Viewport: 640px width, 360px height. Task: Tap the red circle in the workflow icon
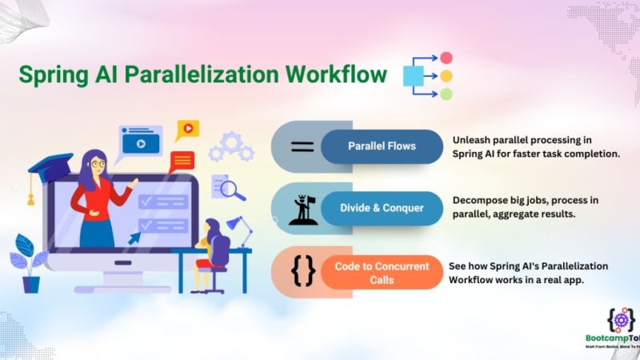coord(446,58)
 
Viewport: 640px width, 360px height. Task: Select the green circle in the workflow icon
coord(446,94)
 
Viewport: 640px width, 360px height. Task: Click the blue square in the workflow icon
coord(413,76)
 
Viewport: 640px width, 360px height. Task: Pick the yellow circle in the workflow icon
coord(446,76)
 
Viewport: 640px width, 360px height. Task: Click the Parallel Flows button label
coord(382,146)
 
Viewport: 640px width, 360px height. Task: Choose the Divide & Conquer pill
coord(382,208)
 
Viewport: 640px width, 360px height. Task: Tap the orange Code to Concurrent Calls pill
coord(382,272)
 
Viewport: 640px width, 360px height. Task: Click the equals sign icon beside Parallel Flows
coord(301,146)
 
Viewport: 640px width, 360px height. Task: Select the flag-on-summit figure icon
coord(301,208)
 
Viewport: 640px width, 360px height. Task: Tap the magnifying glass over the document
coord(233,190)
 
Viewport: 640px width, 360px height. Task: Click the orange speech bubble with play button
coord(187,127)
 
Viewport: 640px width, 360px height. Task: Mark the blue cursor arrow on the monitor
coord(134,236)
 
